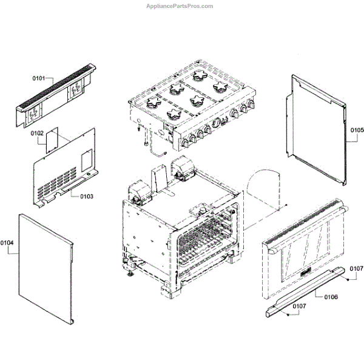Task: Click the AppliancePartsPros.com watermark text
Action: click(180, 6)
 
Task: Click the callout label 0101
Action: click(39, 79)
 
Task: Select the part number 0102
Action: click(37, 133)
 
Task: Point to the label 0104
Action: click(7, 243)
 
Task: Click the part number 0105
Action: click(356, 130)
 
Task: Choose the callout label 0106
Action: click(331, 297)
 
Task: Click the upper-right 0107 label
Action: click(356, 268)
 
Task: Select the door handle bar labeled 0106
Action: click(306, 293)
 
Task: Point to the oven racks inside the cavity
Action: click(203, 240)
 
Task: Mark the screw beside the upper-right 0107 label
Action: click(346, 280)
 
